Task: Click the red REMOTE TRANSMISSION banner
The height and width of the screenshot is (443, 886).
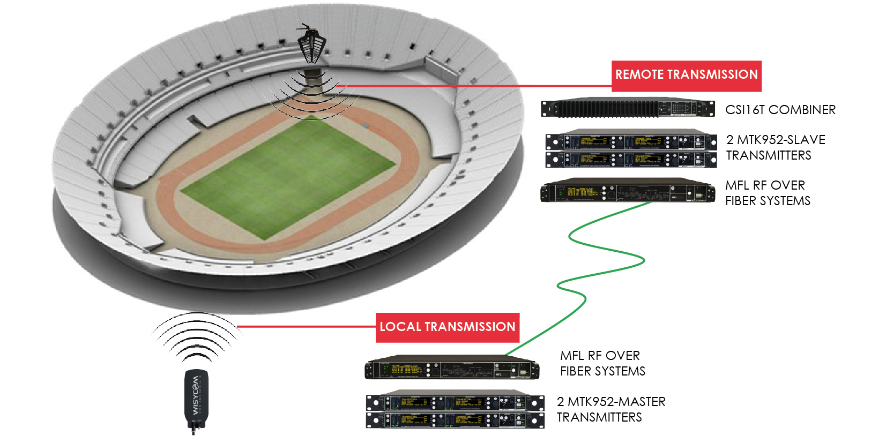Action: (686, 76)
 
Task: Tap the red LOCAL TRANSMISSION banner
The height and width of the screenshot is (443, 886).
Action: (447, 327)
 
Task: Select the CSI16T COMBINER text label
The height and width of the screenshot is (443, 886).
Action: (780, 110)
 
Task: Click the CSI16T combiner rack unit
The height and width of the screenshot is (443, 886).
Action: (628, 108)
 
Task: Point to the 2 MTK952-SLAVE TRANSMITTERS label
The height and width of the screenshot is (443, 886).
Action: (775, 147)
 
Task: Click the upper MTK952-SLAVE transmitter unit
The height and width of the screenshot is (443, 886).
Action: (631, 141)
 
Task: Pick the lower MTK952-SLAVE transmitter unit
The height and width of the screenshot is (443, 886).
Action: (631, 159)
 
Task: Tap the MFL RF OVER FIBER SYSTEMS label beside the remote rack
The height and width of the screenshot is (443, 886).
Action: (768, 193)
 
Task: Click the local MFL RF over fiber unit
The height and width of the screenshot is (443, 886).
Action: (452, 369)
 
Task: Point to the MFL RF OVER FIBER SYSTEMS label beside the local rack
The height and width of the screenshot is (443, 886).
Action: (602, 363)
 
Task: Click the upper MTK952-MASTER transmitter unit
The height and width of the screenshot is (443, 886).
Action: (455, 402)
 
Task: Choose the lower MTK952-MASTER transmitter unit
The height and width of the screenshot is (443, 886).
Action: (455, 420)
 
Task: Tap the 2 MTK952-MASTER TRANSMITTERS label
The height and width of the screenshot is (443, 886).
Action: (611, 409)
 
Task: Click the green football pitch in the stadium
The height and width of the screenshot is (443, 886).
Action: (288, 177)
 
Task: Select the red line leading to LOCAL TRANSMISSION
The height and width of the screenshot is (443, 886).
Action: (306, 326)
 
